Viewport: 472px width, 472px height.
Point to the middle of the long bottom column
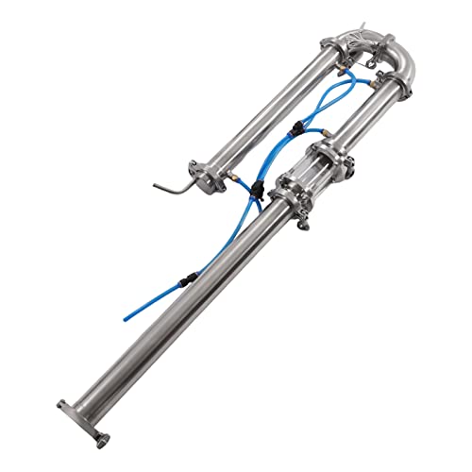[189, 312]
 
